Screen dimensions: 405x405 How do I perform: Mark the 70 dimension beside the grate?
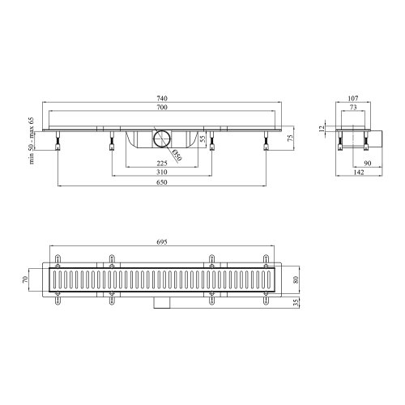(x=26, y=280)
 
